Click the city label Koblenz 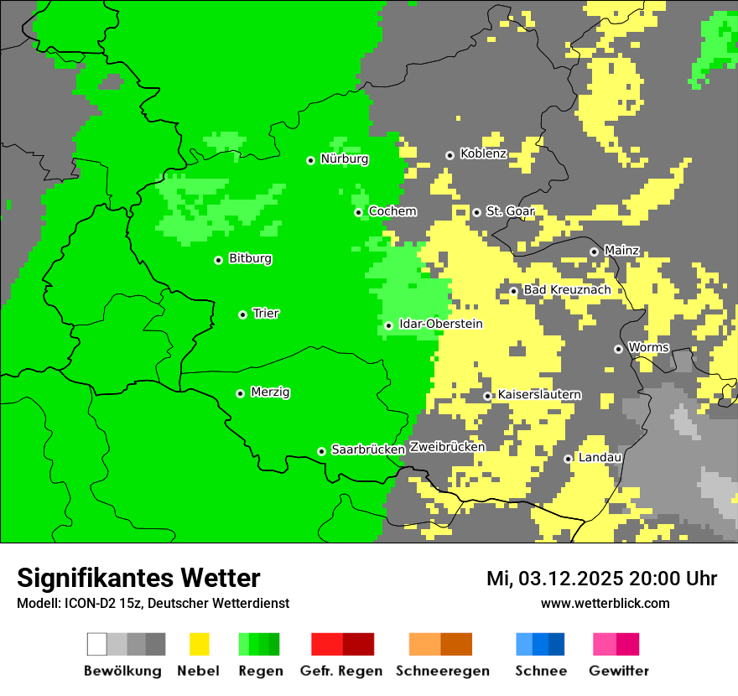(483, 154)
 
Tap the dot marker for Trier (242, 314)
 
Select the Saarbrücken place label (368, 449)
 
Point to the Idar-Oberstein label (440, 324)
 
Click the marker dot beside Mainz (594, 252)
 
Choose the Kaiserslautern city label (539, 395)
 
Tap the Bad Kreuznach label (567, 290)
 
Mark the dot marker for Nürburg (310, 160)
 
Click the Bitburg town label (250, 259)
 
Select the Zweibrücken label (447, 447)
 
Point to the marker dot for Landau (568, 459)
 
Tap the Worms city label (648, 348)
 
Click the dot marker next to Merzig (240, 393)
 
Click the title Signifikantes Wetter (138, 579)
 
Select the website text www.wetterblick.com (605, 603)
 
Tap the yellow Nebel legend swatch (199, 644)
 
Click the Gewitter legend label (619, 671)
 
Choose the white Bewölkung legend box (97, 644)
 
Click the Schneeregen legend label (443, 671)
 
